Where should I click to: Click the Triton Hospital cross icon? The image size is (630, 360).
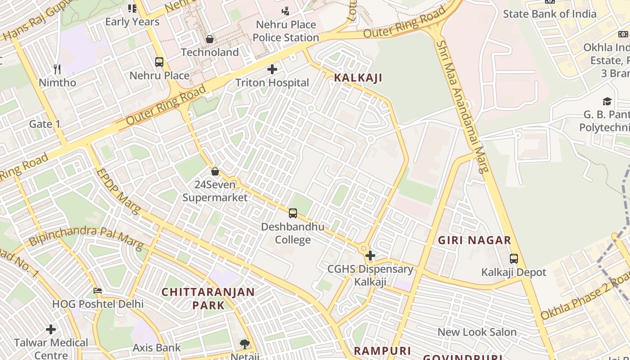272,69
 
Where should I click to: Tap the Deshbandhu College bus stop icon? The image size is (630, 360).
293,213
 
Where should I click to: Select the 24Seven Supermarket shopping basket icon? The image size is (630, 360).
215,171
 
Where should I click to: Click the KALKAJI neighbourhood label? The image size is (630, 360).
358,78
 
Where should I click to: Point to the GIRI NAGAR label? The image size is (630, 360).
475,240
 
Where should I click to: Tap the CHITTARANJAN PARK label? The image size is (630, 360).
208,298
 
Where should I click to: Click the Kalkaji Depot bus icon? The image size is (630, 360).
514,259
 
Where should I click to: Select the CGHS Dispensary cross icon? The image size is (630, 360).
370,256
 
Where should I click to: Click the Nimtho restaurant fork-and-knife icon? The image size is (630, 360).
57,69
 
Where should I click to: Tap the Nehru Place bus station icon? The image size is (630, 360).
159,62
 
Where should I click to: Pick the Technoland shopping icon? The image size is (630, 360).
210,39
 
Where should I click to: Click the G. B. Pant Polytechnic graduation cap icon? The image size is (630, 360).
607,101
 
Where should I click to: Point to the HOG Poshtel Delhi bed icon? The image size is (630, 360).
98,290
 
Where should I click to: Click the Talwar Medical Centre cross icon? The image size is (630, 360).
51,329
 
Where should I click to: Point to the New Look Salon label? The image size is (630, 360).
477,332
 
